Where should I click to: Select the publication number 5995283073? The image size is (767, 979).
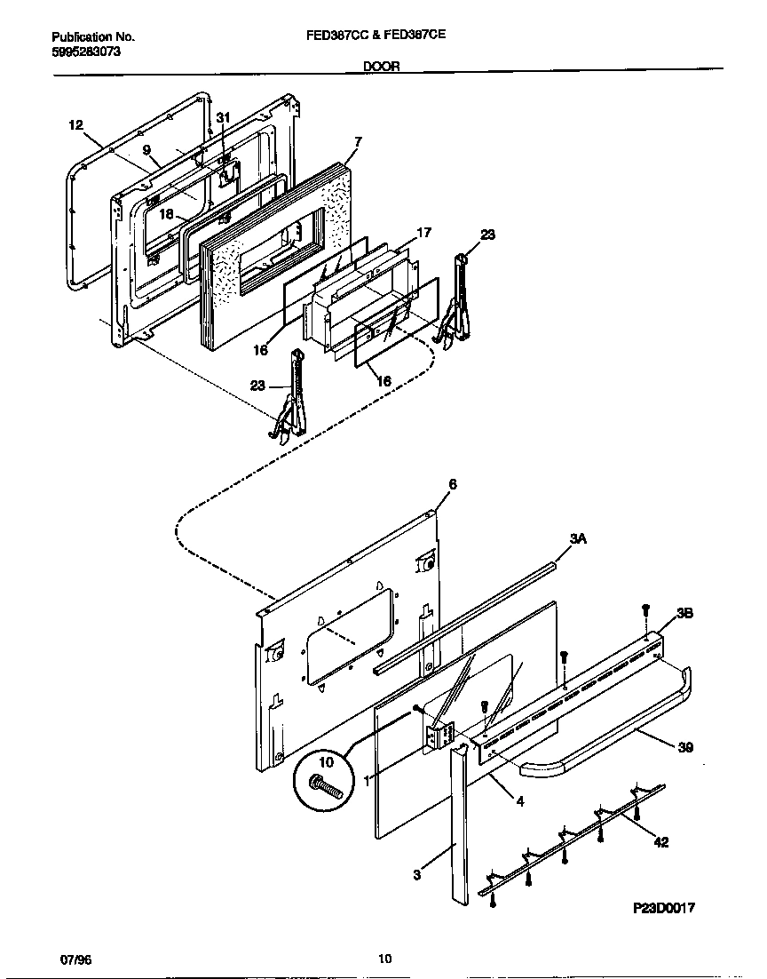tap(87, 52)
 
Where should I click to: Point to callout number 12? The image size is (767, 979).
tap(75, 125)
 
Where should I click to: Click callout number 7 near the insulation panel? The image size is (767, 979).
tap(357, 141)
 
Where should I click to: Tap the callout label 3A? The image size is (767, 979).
tap(578, 539)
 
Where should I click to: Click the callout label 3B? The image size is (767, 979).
tap(684, 613)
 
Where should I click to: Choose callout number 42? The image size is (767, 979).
tap(660, 842)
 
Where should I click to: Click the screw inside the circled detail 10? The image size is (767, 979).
tap(325, 786)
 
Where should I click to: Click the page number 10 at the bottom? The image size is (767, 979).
tap(383, 959)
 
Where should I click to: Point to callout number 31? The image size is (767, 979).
tap(223, 118)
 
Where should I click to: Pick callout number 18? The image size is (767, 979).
tap(166, 214)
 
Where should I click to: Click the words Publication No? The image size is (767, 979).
tap(93, 37)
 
